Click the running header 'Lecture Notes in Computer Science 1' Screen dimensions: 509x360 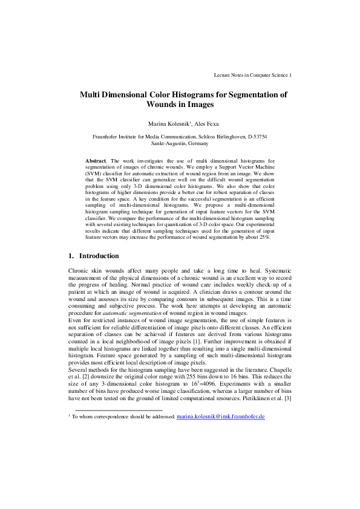[x=253, y=76]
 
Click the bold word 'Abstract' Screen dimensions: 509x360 [x=96, y=161]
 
